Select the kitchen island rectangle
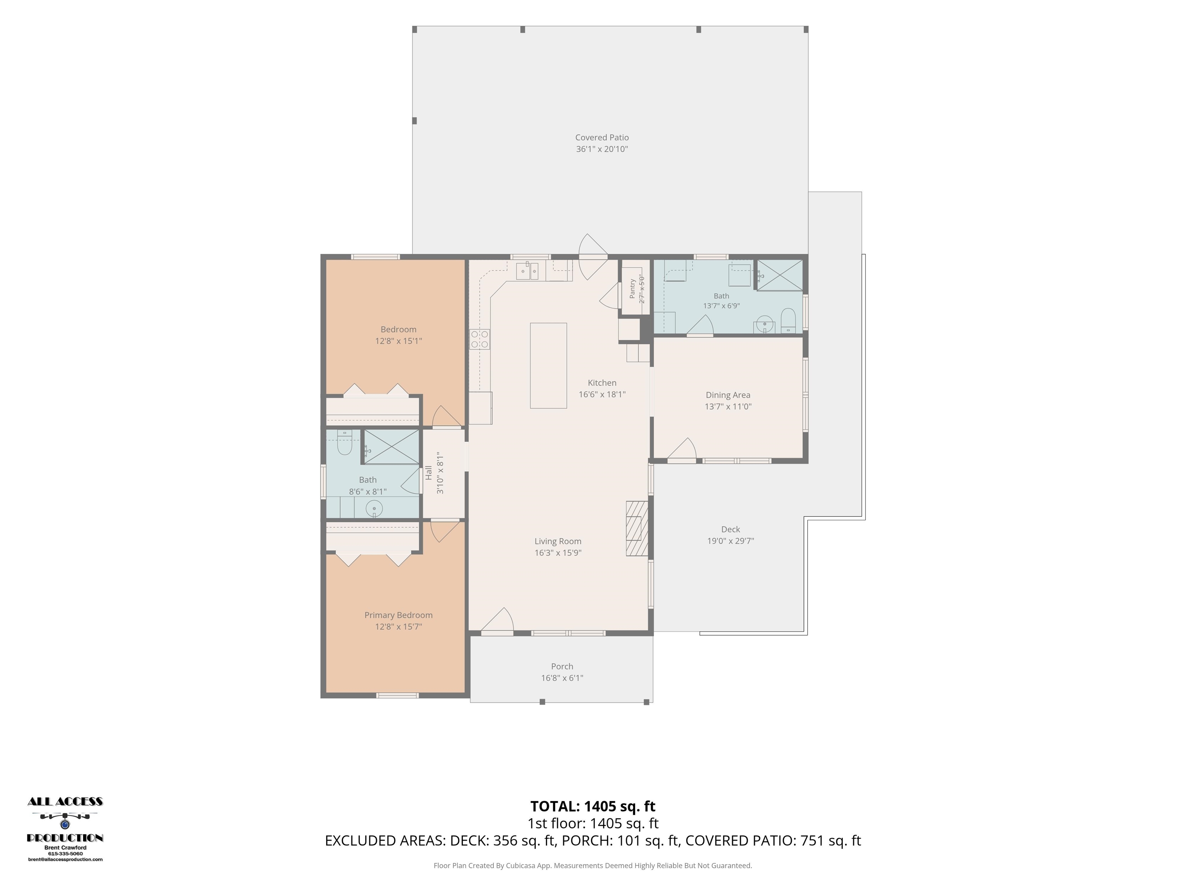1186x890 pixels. [549, 365]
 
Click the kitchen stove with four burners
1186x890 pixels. [480, 339]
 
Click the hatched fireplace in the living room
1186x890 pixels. [637, 528]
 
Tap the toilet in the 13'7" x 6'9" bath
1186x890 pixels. [788, 320]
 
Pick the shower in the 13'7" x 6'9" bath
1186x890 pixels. [779, 275]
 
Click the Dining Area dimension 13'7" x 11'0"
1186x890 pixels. [728, 407]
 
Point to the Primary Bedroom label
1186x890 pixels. [398, 615]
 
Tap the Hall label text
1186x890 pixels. [429, 473]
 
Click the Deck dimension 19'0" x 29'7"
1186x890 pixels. [730, 541]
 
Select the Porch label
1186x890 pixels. [562, 666]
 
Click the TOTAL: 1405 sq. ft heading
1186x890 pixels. [593, 806]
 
